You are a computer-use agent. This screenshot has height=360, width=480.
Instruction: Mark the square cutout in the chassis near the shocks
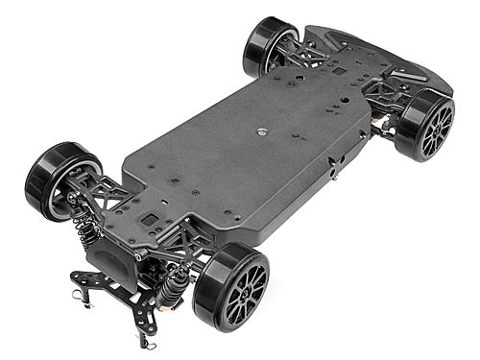coord(150,220)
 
